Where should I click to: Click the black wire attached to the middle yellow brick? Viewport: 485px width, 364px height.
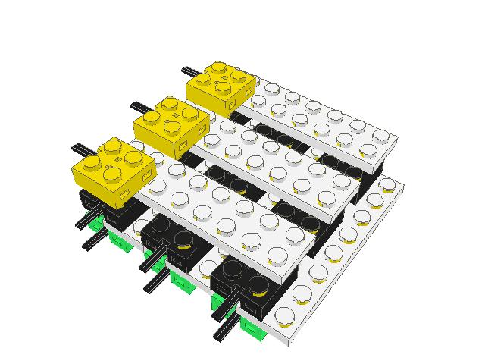point(142,107)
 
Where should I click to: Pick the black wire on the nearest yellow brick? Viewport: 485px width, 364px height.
point(84,146)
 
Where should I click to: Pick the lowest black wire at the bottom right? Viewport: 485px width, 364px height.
point(227,331)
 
